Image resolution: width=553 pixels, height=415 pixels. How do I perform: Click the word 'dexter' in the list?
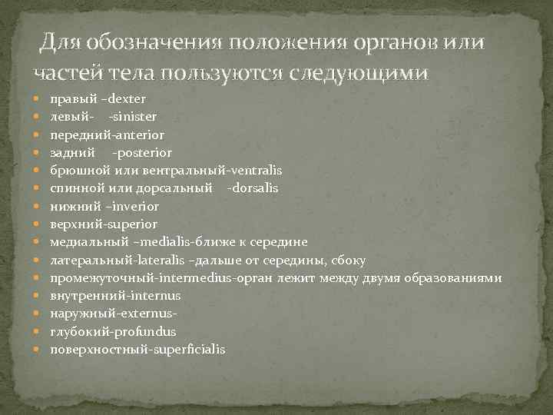click(129, 99)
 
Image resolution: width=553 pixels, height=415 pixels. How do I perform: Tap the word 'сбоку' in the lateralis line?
click(351, 261)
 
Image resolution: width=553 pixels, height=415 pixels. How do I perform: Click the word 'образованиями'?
click(457, 278)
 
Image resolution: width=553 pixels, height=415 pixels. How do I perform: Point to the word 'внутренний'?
click(81, 296)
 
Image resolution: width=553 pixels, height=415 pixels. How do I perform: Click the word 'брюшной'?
click(75, 171)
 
